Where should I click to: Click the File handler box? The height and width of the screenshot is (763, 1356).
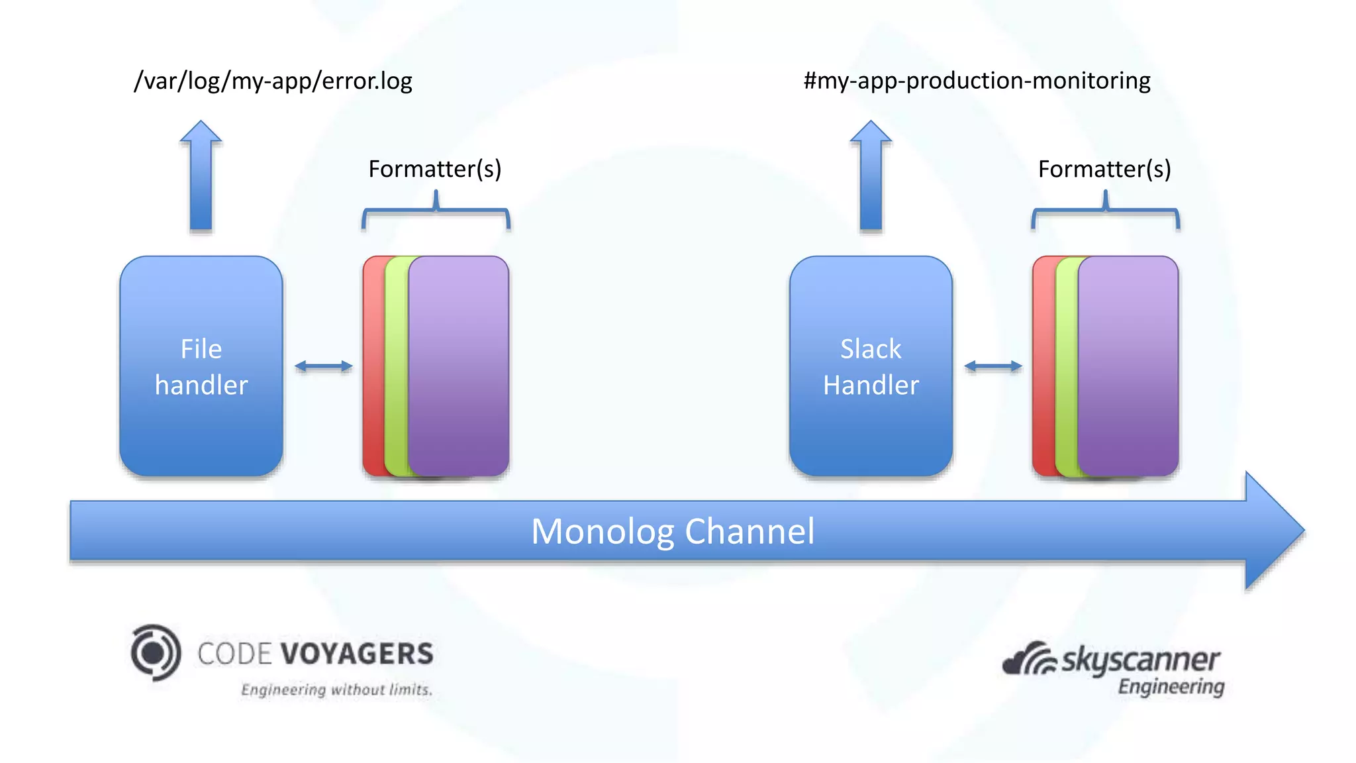[201, 366]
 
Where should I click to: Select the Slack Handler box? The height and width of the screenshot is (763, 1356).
[871, 366]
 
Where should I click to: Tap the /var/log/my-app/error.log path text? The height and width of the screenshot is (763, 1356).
[273, 81]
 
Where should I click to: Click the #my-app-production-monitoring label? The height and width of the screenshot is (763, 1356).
[977, 81]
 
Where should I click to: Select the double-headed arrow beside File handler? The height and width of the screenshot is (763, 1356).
[323, 366]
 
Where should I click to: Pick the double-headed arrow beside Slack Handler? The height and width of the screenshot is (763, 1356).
[993, 366]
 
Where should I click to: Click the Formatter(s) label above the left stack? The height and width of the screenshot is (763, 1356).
[435, 169]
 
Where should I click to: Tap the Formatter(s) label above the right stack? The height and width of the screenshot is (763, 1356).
[1104, 169]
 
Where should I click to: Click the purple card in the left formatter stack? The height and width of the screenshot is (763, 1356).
[459, 366]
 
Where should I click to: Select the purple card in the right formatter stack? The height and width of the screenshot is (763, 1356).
[1128, 366]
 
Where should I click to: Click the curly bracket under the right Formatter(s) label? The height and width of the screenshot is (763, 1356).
[1105, 211]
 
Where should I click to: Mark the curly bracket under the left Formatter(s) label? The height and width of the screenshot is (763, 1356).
[436, 211]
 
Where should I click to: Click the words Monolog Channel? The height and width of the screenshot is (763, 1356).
[673, 531]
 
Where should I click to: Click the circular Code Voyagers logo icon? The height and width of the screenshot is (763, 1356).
[156, 652]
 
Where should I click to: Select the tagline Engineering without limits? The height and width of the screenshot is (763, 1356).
[336, 689]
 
